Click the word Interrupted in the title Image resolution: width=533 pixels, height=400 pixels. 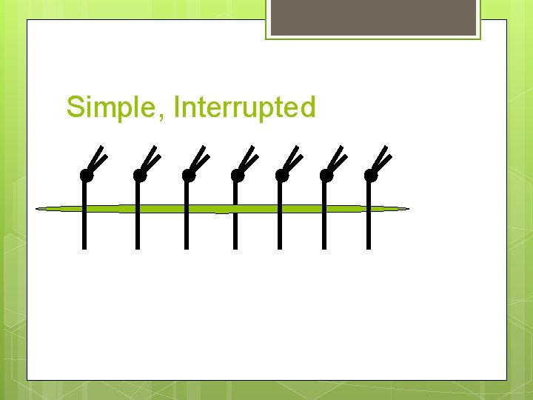click(x=244, y=107)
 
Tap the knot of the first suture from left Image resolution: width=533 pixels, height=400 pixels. click(x=86, y=176)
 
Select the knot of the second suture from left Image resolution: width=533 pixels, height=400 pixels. click(x=139, y=176)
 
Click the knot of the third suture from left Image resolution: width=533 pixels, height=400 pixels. click(x=188, y=176)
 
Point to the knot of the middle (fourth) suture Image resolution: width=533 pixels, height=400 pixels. click(x=237, y=176)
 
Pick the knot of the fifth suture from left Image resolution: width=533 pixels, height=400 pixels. click(x=281, y=176)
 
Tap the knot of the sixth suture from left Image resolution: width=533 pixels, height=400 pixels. click(x=326, y=176)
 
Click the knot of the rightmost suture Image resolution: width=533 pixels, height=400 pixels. click(x=370, y=176)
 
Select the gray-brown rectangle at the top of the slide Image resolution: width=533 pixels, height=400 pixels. click(x=373, y=18)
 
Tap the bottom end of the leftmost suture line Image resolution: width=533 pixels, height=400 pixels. click(x=84, y=246)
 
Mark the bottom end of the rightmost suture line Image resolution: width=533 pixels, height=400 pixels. click(x=368, y=246)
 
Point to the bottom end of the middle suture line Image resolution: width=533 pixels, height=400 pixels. click(x=235, y=246)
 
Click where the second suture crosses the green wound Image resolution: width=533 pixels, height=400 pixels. click(x=138, y=209)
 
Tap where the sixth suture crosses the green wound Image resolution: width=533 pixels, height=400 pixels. click(x=324, y=209)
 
